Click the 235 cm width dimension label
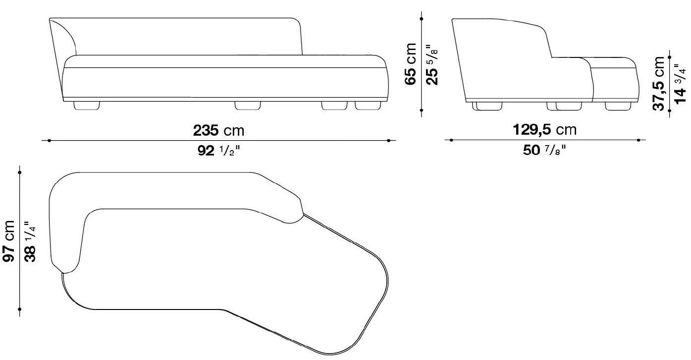tap(218, 131)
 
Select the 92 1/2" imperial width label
tap(218, 150)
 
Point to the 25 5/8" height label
tap(431, 64)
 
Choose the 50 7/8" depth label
tap(544, 150)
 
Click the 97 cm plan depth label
tap(9, 241)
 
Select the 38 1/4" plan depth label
tap(30, 241)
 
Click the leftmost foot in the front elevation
tap(87, 105)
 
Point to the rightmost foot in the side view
tap(619, 105)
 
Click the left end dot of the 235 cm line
tap(48, 141)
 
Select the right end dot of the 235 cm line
tap(388, 141)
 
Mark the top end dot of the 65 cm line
tap(421, 19)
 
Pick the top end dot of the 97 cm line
tap(19, 172)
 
